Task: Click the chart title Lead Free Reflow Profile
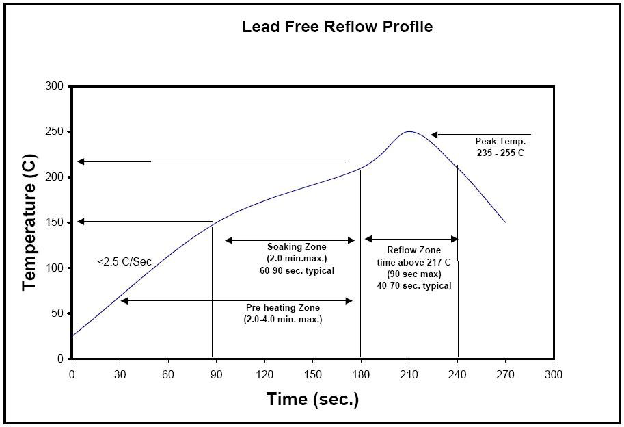point(337,27)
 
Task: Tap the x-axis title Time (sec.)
point(312,399)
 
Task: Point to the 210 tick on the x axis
point(409,374)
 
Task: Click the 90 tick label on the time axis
point(216,374)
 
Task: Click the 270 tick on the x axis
point(505,374)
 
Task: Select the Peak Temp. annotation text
point(500,142)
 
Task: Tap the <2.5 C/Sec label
point(124,261)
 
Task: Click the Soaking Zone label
point(297,246)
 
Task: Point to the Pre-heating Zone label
point(282,308)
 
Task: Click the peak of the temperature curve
point(409,131)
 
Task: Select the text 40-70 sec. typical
point(414,285)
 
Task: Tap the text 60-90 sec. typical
point(292,270)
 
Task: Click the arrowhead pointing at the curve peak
point(434,135)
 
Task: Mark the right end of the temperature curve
point(505,222)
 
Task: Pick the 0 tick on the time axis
point(72,374)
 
